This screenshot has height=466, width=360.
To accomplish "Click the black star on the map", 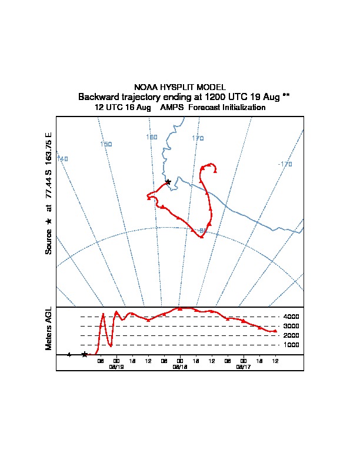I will tap(168, 182).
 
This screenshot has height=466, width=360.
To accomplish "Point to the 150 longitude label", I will tap(106, 144).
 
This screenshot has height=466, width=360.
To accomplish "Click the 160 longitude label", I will tap(152, 138).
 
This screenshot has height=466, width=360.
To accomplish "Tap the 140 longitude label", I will tap(62, 159).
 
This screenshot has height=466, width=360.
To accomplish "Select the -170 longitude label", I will tap(285, 164).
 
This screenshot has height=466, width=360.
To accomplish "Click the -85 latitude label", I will tap(203, 230).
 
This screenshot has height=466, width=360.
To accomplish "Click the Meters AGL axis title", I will tap(49, 329).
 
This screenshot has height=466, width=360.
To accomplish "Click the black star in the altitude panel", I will tap(85, 354).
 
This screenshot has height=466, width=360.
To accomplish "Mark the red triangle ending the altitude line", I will tap(275, 331).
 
